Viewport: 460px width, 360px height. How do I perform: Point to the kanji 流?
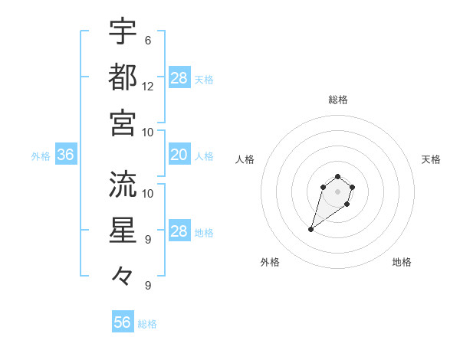point(123,184)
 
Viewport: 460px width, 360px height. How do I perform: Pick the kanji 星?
point(123,231)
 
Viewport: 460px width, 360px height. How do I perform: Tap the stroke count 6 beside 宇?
point(148,40)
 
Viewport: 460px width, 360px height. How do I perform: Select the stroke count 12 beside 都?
point(148,87)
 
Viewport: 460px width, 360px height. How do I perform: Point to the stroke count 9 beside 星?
point(148,240)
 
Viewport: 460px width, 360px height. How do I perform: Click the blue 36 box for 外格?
point(66,155)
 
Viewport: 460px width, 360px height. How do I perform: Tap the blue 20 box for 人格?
point(179,155)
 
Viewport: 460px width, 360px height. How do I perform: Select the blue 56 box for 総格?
point(123,322)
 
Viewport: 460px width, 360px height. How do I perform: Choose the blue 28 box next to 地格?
point(179,232)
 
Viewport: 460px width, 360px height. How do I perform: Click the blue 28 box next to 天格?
point(179,78)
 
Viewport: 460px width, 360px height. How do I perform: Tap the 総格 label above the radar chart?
point(337,100)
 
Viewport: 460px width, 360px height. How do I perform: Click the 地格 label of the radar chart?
point(402,262)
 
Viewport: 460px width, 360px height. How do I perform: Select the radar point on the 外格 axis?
point(311,229)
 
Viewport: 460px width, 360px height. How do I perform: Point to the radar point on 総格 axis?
point(337,176)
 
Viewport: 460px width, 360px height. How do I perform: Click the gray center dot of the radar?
point(337,191)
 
